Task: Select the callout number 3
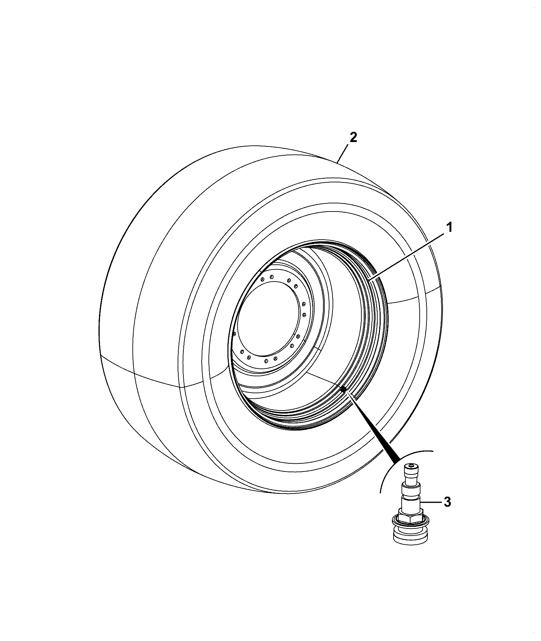tap(447, 502)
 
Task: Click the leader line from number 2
tap(343, 154)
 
